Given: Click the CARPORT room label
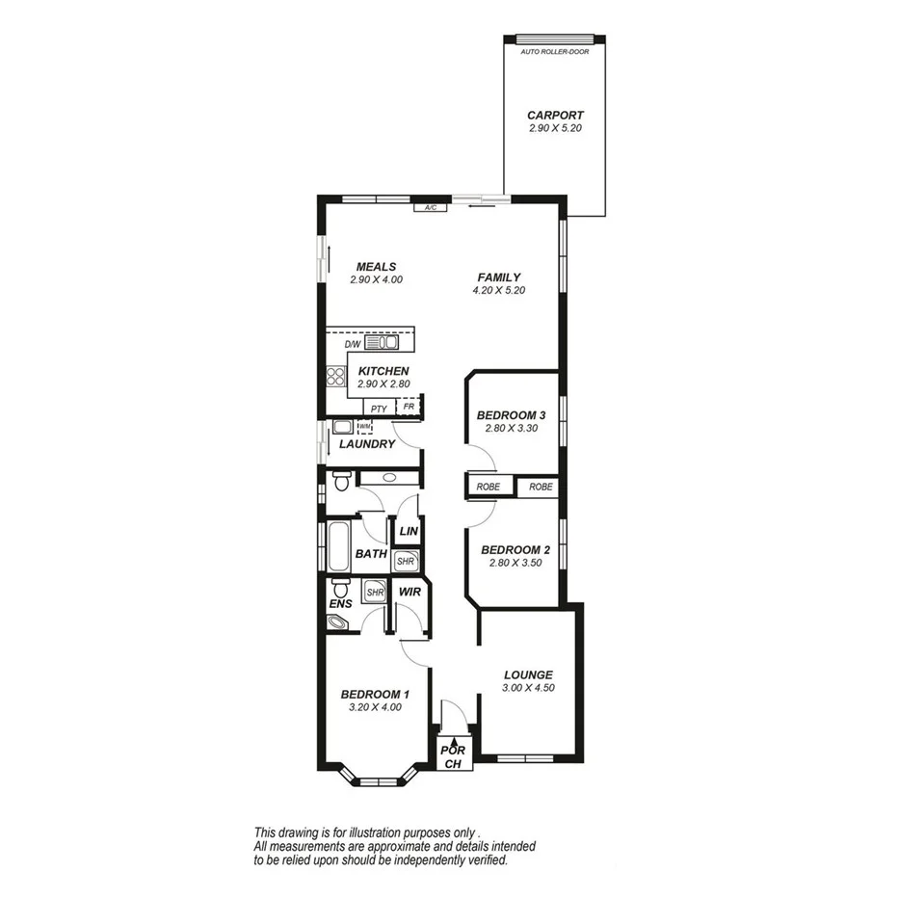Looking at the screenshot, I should tap(555, 115).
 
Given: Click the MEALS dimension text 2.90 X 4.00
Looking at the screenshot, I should tap(376, 279).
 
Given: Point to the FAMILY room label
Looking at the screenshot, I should tap(498, 277).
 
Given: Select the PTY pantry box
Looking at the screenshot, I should tap(379, 408).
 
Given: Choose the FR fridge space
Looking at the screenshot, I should tap(409, 408).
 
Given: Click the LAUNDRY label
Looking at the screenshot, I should tap(366, 444).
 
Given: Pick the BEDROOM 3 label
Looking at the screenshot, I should tap(511, 416).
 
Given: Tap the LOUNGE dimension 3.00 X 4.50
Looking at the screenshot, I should tap(527, 688).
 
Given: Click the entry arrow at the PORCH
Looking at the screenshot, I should tap(448, 738).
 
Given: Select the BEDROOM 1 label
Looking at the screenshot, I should tap(376, 694).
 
